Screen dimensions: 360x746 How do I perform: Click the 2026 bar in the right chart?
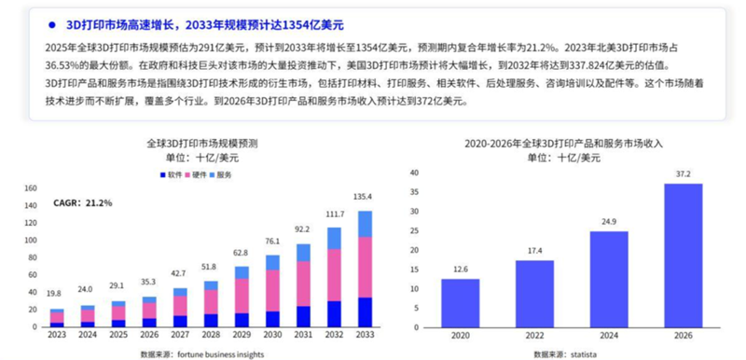(683, 256)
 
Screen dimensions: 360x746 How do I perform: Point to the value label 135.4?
(363, 197)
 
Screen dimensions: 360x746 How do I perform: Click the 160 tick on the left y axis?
(28, 188)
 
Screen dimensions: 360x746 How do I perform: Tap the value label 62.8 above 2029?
(241, 253)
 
